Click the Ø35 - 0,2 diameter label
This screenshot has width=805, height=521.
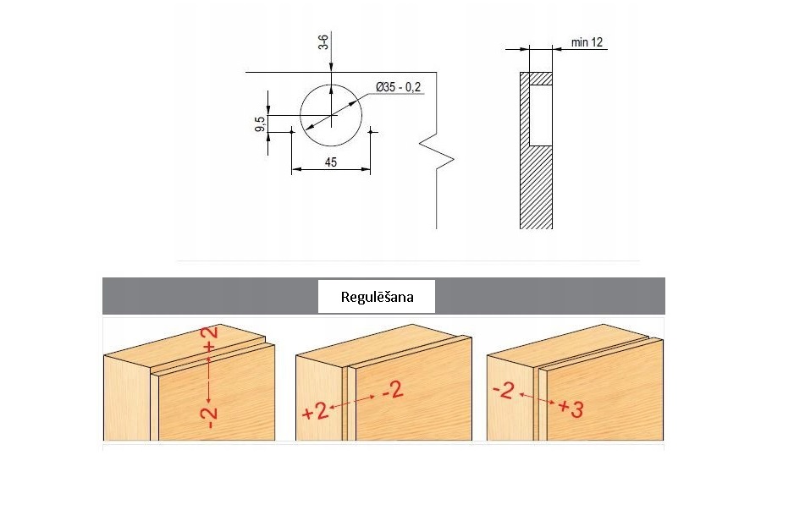tap(399, 87)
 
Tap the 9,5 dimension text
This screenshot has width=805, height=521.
tap(260, 123)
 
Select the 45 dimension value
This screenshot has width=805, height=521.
tap(331, 162)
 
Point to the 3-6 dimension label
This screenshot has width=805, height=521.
tap(323, 41)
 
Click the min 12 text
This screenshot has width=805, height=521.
tap(587, 42)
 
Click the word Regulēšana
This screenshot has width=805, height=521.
tap(377, 297)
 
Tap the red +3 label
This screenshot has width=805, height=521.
tap(571, 409)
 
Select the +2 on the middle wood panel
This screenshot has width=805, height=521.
tap(315, 411)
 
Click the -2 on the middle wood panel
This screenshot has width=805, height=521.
tap(394, 392)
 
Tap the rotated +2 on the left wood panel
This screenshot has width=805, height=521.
tap(211, 339)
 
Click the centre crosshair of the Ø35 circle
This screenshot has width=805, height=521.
tap(331, 115)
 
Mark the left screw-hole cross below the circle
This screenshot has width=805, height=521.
tap(291, 132)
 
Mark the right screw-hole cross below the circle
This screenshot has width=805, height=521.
tap(371, 132)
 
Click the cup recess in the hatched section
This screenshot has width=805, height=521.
tap(541, 115)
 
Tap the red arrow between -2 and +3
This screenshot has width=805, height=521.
tap(537, 398)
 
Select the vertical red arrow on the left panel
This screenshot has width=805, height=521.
tap(209, 378)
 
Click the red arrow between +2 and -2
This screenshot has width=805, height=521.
tap(351, 402)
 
